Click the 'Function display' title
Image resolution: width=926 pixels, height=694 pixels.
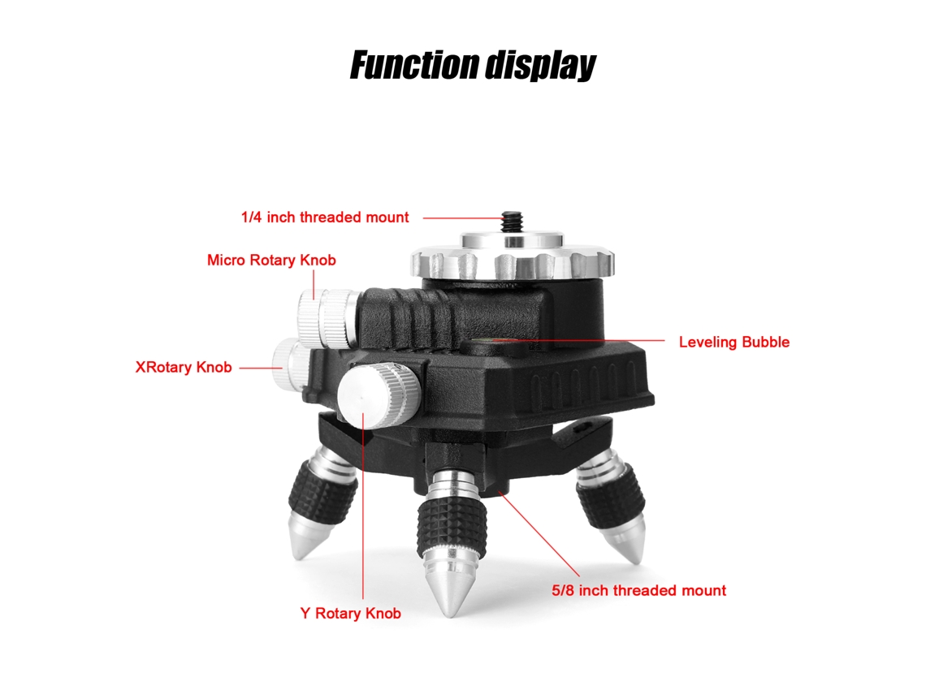(x=473, y=65)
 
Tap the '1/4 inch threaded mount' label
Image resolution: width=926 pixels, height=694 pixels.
(x=325, y=218)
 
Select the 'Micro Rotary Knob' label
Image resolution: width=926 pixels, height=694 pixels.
(x=271, y=261)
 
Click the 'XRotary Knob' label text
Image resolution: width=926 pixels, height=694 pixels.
(x=183, y=368)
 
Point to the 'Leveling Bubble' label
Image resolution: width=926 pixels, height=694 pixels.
(x=734, y=343)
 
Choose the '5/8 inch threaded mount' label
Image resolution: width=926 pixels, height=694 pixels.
(x=639, y=591)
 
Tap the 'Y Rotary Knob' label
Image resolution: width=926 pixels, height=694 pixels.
(x=350, y=614)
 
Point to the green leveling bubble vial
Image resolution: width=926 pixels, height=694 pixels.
(x=489, y=341)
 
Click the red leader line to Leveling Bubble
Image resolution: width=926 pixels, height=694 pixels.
(x=582, y=341)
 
